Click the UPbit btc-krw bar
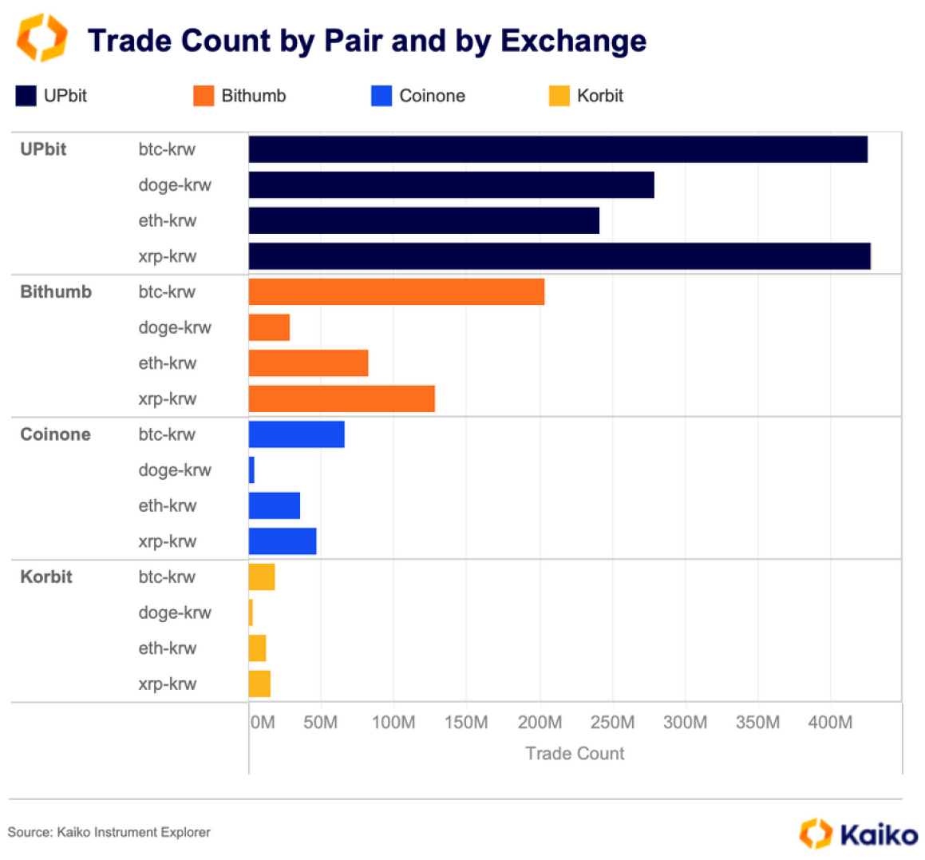point(558,149)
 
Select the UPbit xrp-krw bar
point(559,256)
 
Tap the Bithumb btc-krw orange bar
point(397,292)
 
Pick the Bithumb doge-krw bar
point(269,327)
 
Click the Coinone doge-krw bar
point(251,470)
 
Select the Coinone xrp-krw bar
point(283,541)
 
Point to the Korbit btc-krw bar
point(262,577)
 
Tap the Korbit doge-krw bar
point(251,612)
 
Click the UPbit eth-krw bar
point(424,220)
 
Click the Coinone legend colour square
point(381,96)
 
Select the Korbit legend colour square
point(559,96)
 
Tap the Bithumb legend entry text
point(254,96)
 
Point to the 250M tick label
point(612,723)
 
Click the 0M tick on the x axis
point(263,723)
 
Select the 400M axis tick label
point(830,723)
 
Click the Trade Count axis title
point(575,753)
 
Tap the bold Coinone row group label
point(55,434)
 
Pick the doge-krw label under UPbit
point(175,185)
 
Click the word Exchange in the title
point(573,41)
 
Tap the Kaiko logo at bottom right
point(859,834)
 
